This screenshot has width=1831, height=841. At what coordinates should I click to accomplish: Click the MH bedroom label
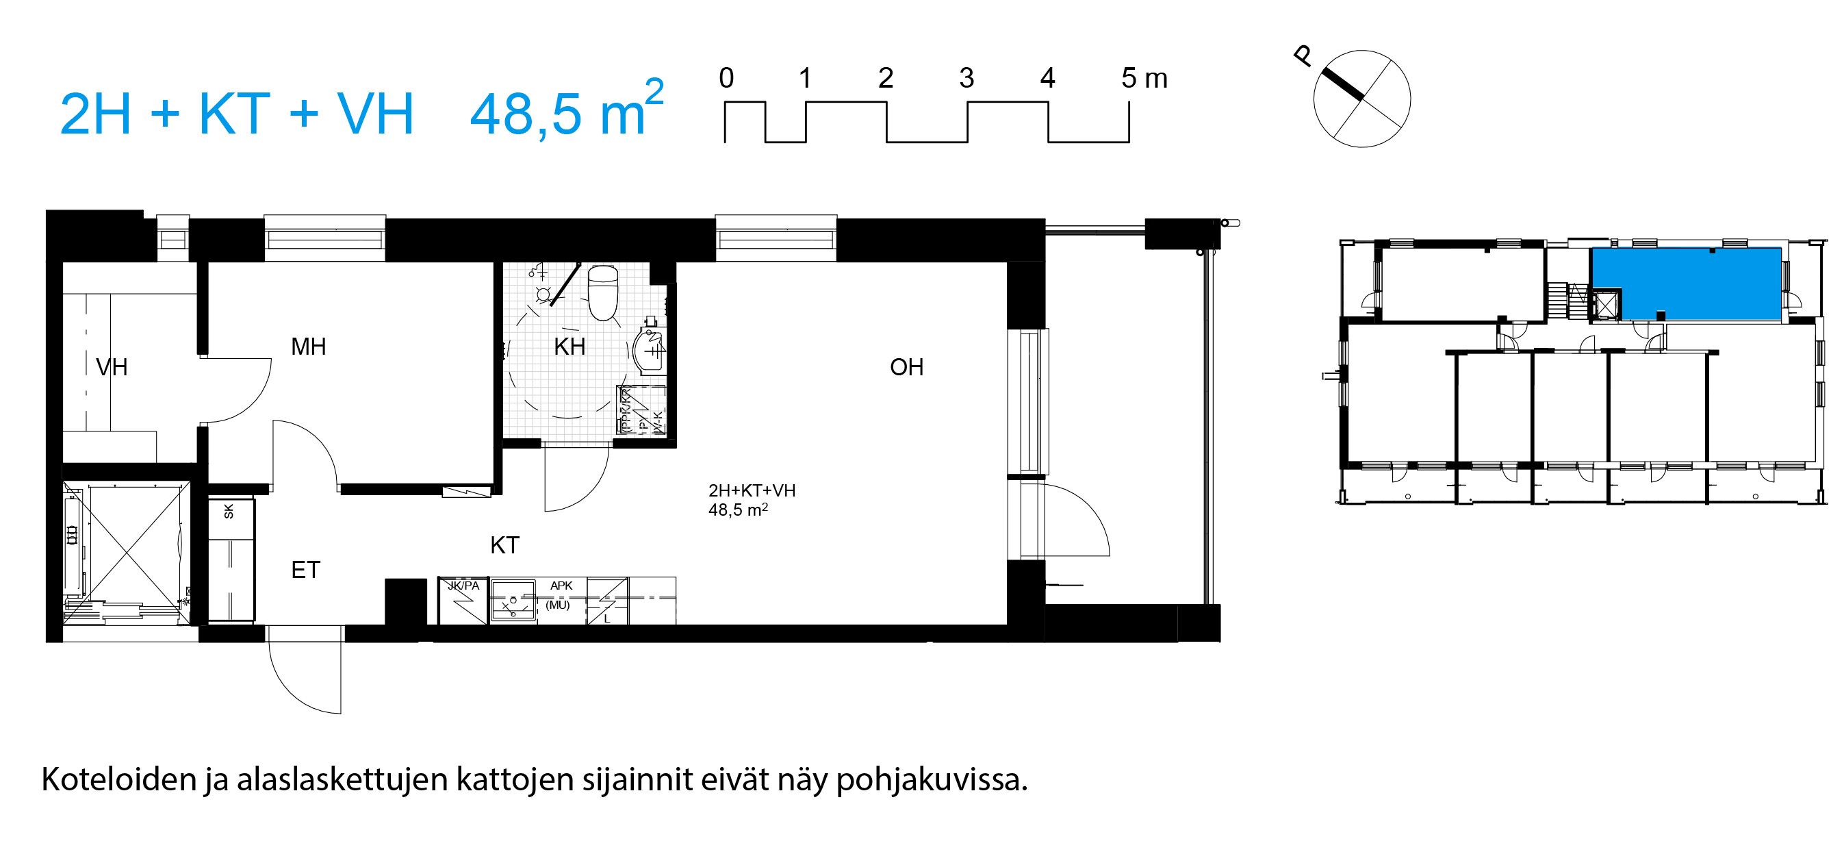pos(309,347)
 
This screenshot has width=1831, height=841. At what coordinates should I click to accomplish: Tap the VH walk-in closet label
pos(112,368)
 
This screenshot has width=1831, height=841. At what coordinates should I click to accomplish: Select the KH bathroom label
pos(569,347)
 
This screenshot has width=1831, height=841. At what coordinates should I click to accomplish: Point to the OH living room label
pos(906,368)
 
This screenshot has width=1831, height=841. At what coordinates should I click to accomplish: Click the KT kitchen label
pos(504,545)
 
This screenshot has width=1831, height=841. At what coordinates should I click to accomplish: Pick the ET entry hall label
pos(306,570)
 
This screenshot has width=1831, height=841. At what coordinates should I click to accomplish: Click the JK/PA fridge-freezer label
pos(463,586)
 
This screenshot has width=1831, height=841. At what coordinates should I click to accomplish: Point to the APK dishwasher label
pos(561,586)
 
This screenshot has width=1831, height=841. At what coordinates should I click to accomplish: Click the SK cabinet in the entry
pos(229,510)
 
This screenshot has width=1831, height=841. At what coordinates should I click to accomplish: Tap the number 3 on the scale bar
pos(966,78)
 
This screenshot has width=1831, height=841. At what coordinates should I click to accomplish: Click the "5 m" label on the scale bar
pos(1144,78)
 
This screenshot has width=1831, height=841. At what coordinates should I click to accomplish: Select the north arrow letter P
pos(1303,56)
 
